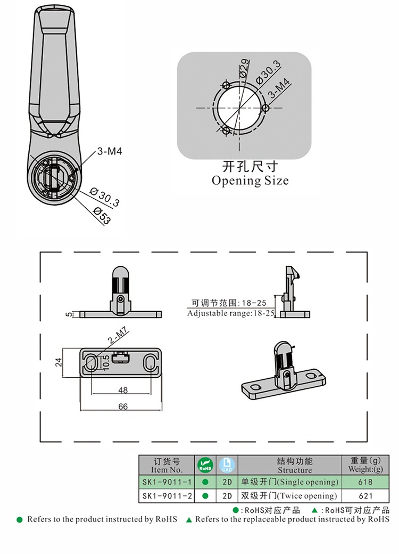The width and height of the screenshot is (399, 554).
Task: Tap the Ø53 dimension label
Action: (x=102, y=215)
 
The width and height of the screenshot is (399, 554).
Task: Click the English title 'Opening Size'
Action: (x=250, y=181)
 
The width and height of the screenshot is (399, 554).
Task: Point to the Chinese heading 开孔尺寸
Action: (x=250, y=167)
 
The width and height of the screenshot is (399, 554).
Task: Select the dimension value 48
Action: (x=123, y=390)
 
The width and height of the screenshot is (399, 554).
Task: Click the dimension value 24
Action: (x=59, y=362)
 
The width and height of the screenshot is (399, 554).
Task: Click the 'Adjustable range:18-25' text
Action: (x=231, y=313)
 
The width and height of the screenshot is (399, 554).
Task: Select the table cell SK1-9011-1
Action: (x=165, y=482)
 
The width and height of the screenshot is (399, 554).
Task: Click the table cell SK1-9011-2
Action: (x=165, y=496)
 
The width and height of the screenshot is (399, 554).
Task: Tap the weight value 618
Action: (x=365, y=482)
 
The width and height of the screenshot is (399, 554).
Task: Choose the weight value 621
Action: (x=365, y=496)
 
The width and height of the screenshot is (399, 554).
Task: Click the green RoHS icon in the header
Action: (x=205, y=465)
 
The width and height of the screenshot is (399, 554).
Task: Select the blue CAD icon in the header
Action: (x=227, y=465)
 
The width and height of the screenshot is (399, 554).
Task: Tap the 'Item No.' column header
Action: (x=167, y=470)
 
